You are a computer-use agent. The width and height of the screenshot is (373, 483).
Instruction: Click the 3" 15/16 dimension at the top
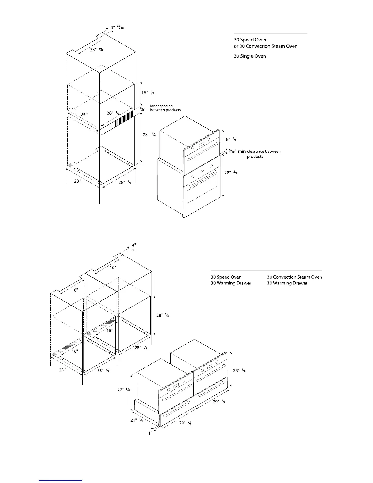point(117,28)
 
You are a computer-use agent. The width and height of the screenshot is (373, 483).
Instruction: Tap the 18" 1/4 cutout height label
point(148,93)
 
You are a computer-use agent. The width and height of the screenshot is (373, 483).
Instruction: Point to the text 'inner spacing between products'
point(165,108)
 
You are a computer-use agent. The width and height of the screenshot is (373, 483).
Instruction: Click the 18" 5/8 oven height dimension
point(230,139)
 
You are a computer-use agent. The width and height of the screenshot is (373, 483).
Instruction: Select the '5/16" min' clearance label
point(237,151)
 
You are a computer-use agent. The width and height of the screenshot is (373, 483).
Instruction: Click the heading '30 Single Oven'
point(250,56)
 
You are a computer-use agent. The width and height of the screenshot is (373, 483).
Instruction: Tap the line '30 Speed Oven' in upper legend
point(250,40)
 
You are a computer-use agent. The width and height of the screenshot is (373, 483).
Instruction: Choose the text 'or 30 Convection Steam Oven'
point(265,46)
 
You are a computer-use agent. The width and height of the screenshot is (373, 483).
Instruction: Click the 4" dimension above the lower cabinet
point(134,245)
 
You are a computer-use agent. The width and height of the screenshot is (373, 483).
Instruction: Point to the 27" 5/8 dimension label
point(124,390)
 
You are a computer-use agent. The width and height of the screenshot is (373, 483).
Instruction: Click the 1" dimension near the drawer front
point(150,433)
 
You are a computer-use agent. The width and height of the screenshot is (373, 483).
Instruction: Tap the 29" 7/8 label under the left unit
point(185,423)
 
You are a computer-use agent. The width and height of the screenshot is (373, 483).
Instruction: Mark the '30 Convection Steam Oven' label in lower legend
point(294,277)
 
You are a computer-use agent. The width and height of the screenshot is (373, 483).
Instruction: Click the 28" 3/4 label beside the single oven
point(231,173)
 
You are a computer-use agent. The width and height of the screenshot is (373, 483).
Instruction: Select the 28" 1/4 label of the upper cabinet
point(149,134)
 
